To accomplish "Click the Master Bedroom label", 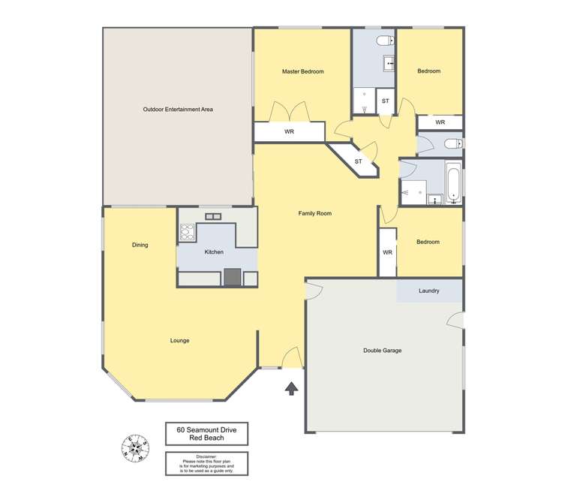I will coord(302,71).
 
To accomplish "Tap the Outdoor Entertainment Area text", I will coord(178,110).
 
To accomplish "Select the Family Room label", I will coord(314,213).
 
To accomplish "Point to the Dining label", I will coord(140,245).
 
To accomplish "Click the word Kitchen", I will coord(214,252).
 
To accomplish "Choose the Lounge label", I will coord(179,340).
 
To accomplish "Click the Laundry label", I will coord(429,291).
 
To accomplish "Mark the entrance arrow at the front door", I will coord(291,388).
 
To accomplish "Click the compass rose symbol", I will coord(134,449).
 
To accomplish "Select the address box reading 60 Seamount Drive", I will coord(206,435).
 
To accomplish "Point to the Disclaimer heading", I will coord(206,456).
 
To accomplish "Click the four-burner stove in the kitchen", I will coord(187,232).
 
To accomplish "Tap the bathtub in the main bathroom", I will coord(453,184).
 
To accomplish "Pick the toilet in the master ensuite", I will coord(383,41).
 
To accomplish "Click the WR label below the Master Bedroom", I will coord(289,132).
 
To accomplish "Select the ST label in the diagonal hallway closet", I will coord(358,161).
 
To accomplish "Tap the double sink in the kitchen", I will coord(213,217).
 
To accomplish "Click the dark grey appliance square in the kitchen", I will coord(232,277).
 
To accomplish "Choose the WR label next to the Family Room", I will coord(387,252).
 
